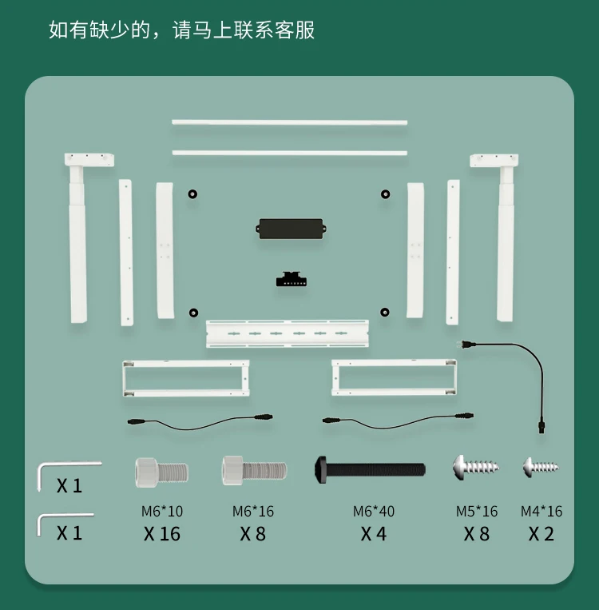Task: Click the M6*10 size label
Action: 162,511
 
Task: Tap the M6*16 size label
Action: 253,511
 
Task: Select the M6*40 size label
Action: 374,511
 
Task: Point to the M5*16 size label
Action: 477,511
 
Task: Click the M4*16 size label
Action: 541,511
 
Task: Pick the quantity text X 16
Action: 162,534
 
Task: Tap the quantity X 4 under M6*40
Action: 374,534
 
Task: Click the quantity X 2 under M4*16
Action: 541,534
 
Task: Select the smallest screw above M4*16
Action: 540,466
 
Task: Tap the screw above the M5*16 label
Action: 475,466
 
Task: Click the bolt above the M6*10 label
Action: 161,470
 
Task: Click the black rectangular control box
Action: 290,228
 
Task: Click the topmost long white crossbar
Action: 289,122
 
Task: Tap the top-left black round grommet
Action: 192,193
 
